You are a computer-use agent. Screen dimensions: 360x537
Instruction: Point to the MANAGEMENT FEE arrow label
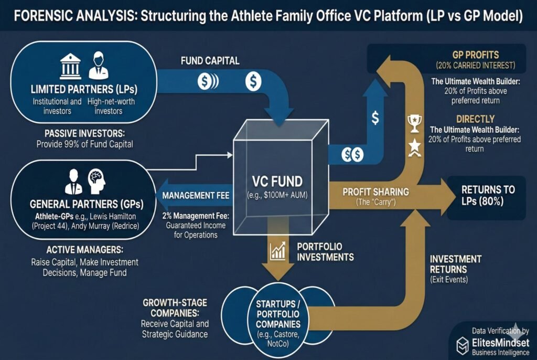coord(197,196)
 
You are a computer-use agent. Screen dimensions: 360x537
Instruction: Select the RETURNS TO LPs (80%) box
coord(487,195)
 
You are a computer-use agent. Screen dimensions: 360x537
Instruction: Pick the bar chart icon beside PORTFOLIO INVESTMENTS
coord(277,250)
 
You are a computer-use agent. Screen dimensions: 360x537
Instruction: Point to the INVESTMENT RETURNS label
coord(455,264)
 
